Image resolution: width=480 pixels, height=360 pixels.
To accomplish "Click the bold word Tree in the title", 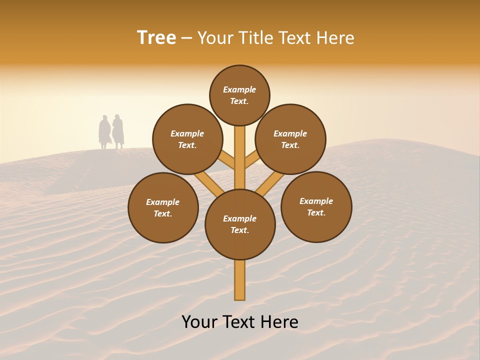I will click(x=156, y=38).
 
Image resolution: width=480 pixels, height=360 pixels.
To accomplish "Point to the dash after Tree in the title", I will click(x=186, y=38).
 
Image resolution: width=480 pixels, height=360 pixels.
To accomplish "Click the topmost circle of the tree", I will click(x=239, y=95).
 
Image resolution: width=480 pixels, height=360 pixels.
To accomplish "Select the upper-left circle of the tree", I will click(x=187, y=139).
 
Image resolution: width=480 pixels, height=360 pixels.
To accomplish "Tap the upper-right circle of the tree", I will click(x=290, y=139).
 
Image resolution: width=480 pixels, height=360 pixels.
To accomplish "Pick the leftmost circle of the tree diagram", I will click(x=163, y=207).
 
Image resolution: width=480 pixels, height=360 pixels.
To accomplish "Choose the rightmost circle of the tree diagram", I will click(x=316, y=206).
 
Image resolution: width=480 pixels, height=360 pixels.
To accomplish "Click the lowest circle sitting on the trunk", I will click(x=240, y=224).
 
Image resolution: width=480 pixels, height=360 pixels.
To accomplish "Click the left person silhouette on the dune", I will click(x=104, y=132).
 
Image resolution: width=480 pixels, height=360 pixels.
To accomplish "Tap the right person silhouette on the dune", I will click(x=118, y=131).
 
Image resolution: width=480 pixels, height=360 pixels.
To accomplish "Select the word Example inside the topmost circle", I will click(x=239, y=89).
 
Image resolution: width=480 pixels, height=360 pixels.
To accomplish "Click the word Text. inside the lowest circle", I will click(x=239, y=230).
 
